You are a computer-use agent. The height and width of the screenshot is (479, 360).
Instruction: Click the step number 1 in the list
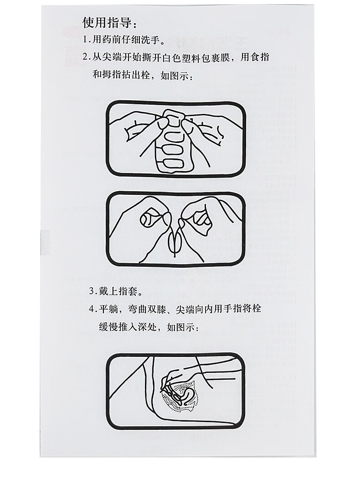[85, 40]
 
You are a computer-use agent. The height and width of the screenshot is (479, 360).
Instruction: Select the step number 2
[85, 57]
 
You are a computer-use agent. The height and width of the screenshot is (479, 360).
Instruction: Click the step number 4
[92, 309]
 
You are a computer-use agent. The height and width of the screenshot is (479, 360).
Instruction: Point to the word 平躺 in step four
[108, 309]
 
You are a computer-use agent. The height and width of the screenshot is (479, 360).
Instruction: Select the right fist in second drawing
[201, 219]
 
